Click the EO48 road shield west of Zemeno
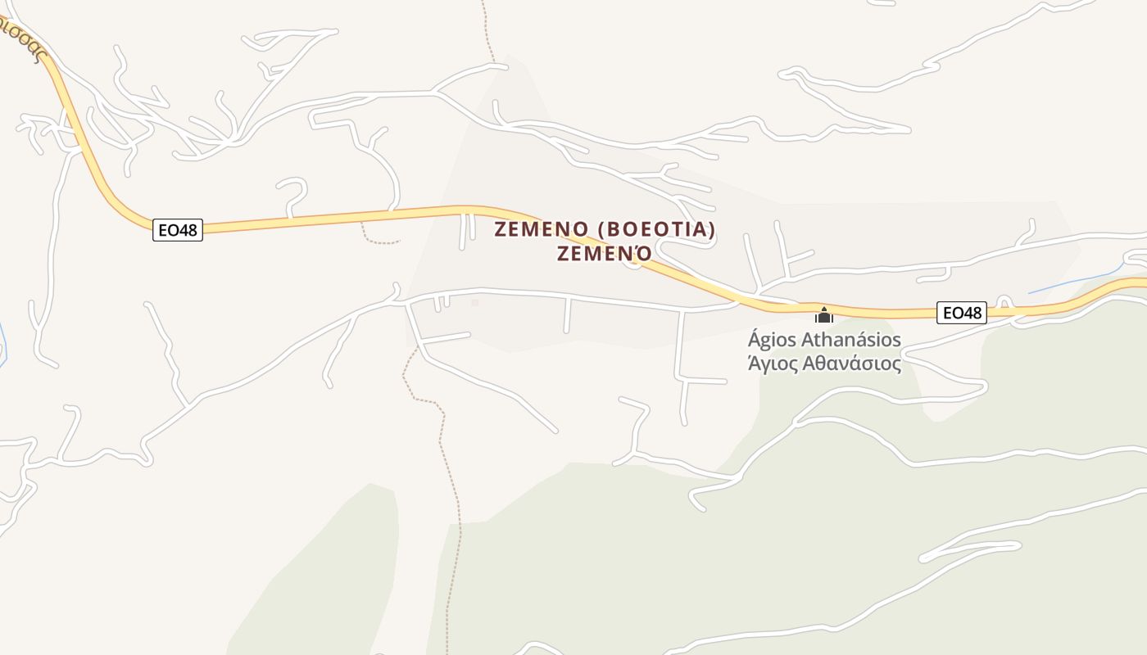click(178, 230)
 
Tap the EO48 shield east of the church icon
click(962, 312)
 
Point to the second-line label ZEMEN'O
click(605, 254)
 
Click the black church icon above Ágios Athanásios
click(824, 315)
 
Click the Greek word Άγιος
click(772, 364)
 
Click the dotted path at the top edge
click(487, 29)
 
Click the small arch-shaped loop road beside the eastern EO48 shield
click(1005, 300)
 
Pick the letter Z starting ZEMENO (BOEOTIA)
click(501, 229)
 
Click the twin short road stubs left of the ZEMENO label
click(467, 231)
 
